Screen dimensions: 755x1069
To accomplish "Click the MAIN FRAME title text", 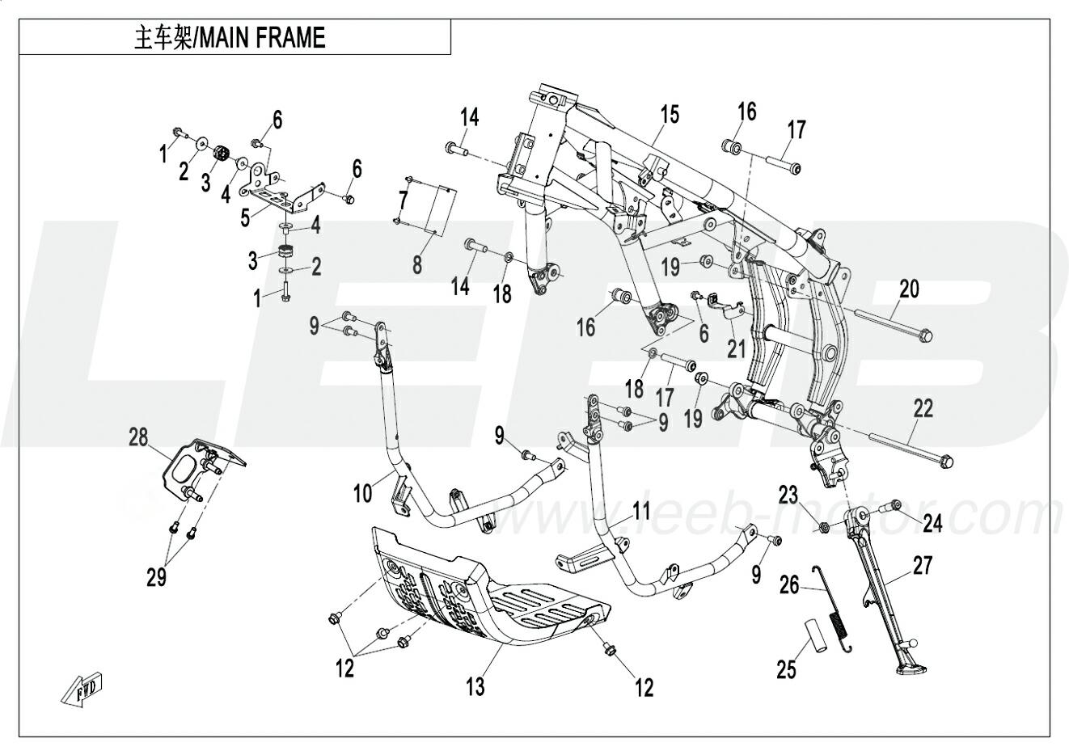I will (230, 38).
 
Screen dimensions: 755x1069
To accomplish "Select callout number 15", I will (670, 114).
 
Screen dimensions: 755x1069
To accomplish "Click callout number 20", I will (909, 288).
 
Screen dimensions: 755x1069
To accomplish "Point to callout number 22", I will (923, 408).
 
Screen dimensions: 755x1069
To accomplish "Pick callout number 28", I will (138, 437).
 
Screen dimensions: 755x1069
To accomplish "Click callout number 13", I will (475, 686).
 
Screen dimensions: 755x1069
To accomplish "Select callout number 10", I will (363, 491).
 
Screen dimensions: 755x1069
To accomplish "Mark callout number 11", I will (641, 510).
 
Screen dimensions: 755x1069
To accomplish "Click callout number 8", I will (417, 264).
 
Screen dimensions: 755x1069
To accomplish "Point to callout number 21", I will (736, 348).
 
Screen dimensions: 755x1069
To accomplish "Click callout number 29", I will (157, 577).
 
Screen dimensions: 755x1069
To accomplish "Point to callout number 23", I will (788, 494).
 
